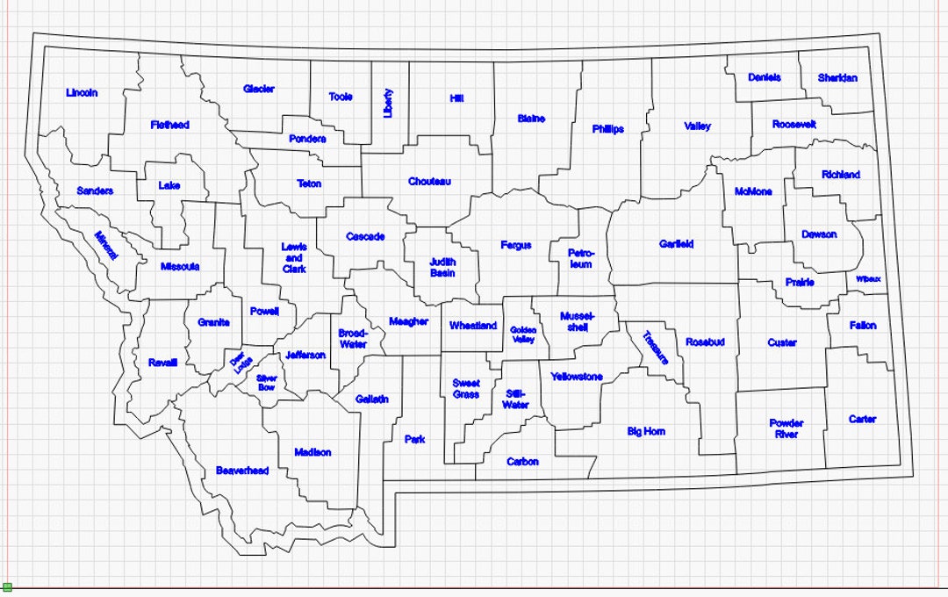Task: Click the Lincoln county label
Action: [82, 93]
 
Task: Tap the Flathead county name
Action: [169, 126]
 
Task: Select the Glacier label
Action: [259, 90]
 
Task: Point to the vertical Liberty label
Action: [389, 104]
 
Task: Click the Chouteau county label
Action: [429, 182]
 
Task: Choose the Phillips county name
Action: [608, 129]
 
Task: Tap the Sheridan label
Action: [837, 78]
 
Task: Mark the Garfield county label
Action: [677, 244]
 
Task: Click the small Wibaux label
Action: [868, 279]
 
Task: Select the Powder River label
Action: [786, 428]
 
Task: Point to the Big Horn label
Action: [646, 432]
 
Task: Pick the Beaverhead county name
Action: [242, 471]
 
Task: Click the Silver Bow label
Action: [267, 383]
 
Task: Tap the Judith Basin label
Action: [442, 267]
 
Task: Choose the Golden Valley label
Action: [522, 334]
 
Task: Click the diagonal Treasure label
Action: [656, 347]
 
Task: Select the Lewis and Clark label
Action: [294, 258]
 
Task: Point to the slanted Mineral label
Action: [106, 245]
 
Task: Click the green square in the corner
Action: [7, 586]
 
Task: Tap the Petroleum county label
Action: [580, 258]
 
